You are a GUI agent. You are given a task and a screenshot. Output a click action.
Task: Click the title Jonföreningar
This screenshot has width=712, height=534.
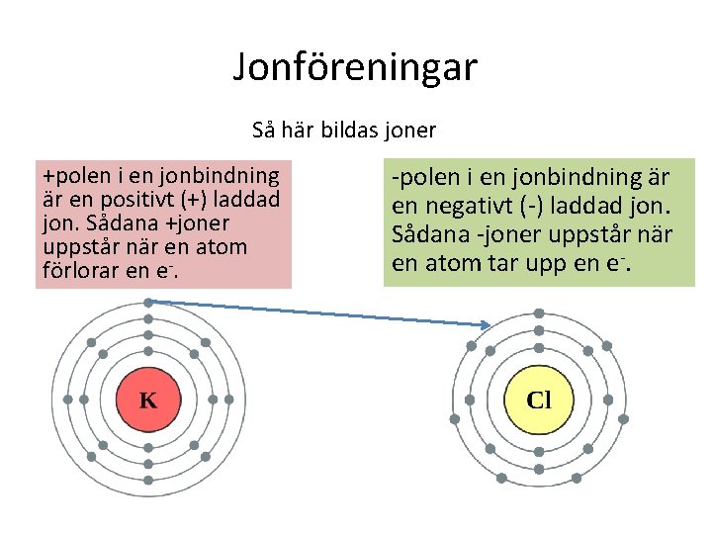pos(355,67)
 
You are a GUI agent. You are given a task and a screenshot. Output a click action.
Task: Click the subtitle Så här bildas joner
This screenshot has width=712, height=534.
pos(344,130)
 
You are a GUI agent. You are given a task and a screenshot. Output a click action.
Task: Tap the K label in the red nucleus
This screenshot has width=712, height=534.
pos(147,400)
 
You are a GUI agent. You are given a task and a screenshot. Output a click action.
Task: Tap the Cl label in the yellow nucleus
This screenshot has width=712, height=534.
pos(539,400)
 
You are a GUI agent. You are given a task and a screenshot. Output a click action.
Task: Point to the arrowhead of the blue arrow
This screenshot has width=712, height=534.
pos(487,325)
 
